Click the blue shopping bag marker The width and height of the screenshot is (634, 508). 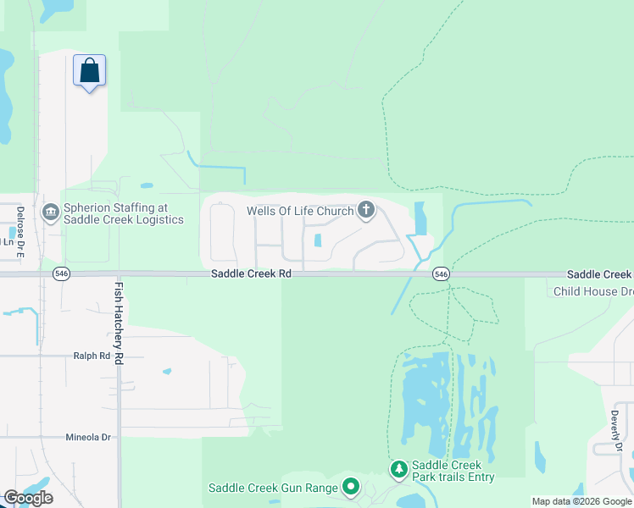[x=90, y=72]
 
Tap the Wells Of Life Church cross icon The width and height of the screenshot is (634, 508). [x=366, y=210]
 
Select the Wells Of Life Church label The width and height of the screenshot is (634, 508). [x=299, y=211]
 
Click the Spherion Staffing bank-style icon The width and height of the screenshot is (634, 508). [x=50, y=211]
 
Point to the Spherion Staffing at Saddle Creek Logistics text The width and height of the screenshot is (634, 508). [x=123, y=213]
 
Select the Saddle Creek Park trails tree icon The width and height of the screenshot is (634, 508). [x=399, y=469]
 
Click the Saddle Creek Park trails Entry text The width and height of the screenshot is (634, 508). [x=453, y=472]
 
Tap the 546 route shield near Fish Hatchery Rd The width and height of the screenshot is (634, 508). [x=61, y=273]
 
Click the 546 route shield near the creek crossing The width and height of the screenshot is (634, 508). [x=440, y=273]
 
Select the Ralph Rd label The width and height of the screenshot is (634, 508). [x=92, y=356]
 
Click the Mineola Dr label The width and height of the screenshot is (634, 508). [x=88, y=438]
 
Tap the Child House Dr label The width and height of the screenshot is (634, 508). [x=592, y=291]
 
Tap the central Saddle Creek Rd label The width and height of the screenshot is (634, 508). [x=251, y=274]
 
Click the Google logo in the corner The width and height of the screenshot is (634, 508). [x=28, y=498]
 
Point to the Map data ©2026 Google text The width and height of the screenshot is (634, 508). [x=581, y=501]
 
